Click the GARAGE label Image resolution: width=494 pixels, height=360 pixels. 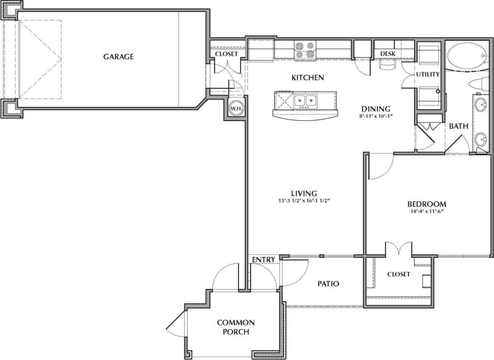tap(118, 57)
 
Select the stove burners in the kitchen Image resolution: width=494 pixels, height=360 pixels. tap(304, 50)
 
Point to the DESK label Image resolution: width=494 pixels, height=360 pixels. tap(388, 54)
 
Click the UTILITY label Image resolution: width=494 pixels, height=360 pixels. tap(428, 74)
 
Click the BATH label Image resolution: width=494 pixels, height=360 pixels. tap(457, 126)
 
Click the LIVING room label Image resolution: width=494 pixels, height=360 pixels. tap(304, 193)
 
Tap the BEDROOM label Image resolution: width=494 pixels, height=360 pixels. tap(426, 204)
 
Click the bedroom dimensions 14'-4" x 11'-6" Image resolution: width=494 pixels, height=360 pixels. tap(426, 212)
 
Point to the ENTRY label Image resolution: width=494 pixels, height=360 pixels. tap(263, 260)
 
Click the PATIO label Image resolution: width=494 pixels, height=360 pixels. tap(328, 283)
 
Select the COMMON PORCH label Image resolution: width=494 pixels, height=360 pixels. tap(236, 327)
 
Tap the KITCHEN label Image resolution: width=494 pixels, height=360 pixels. tap(308, 77)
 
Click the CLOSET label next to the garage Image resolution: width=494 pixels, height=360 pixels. tap(226, 54)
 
